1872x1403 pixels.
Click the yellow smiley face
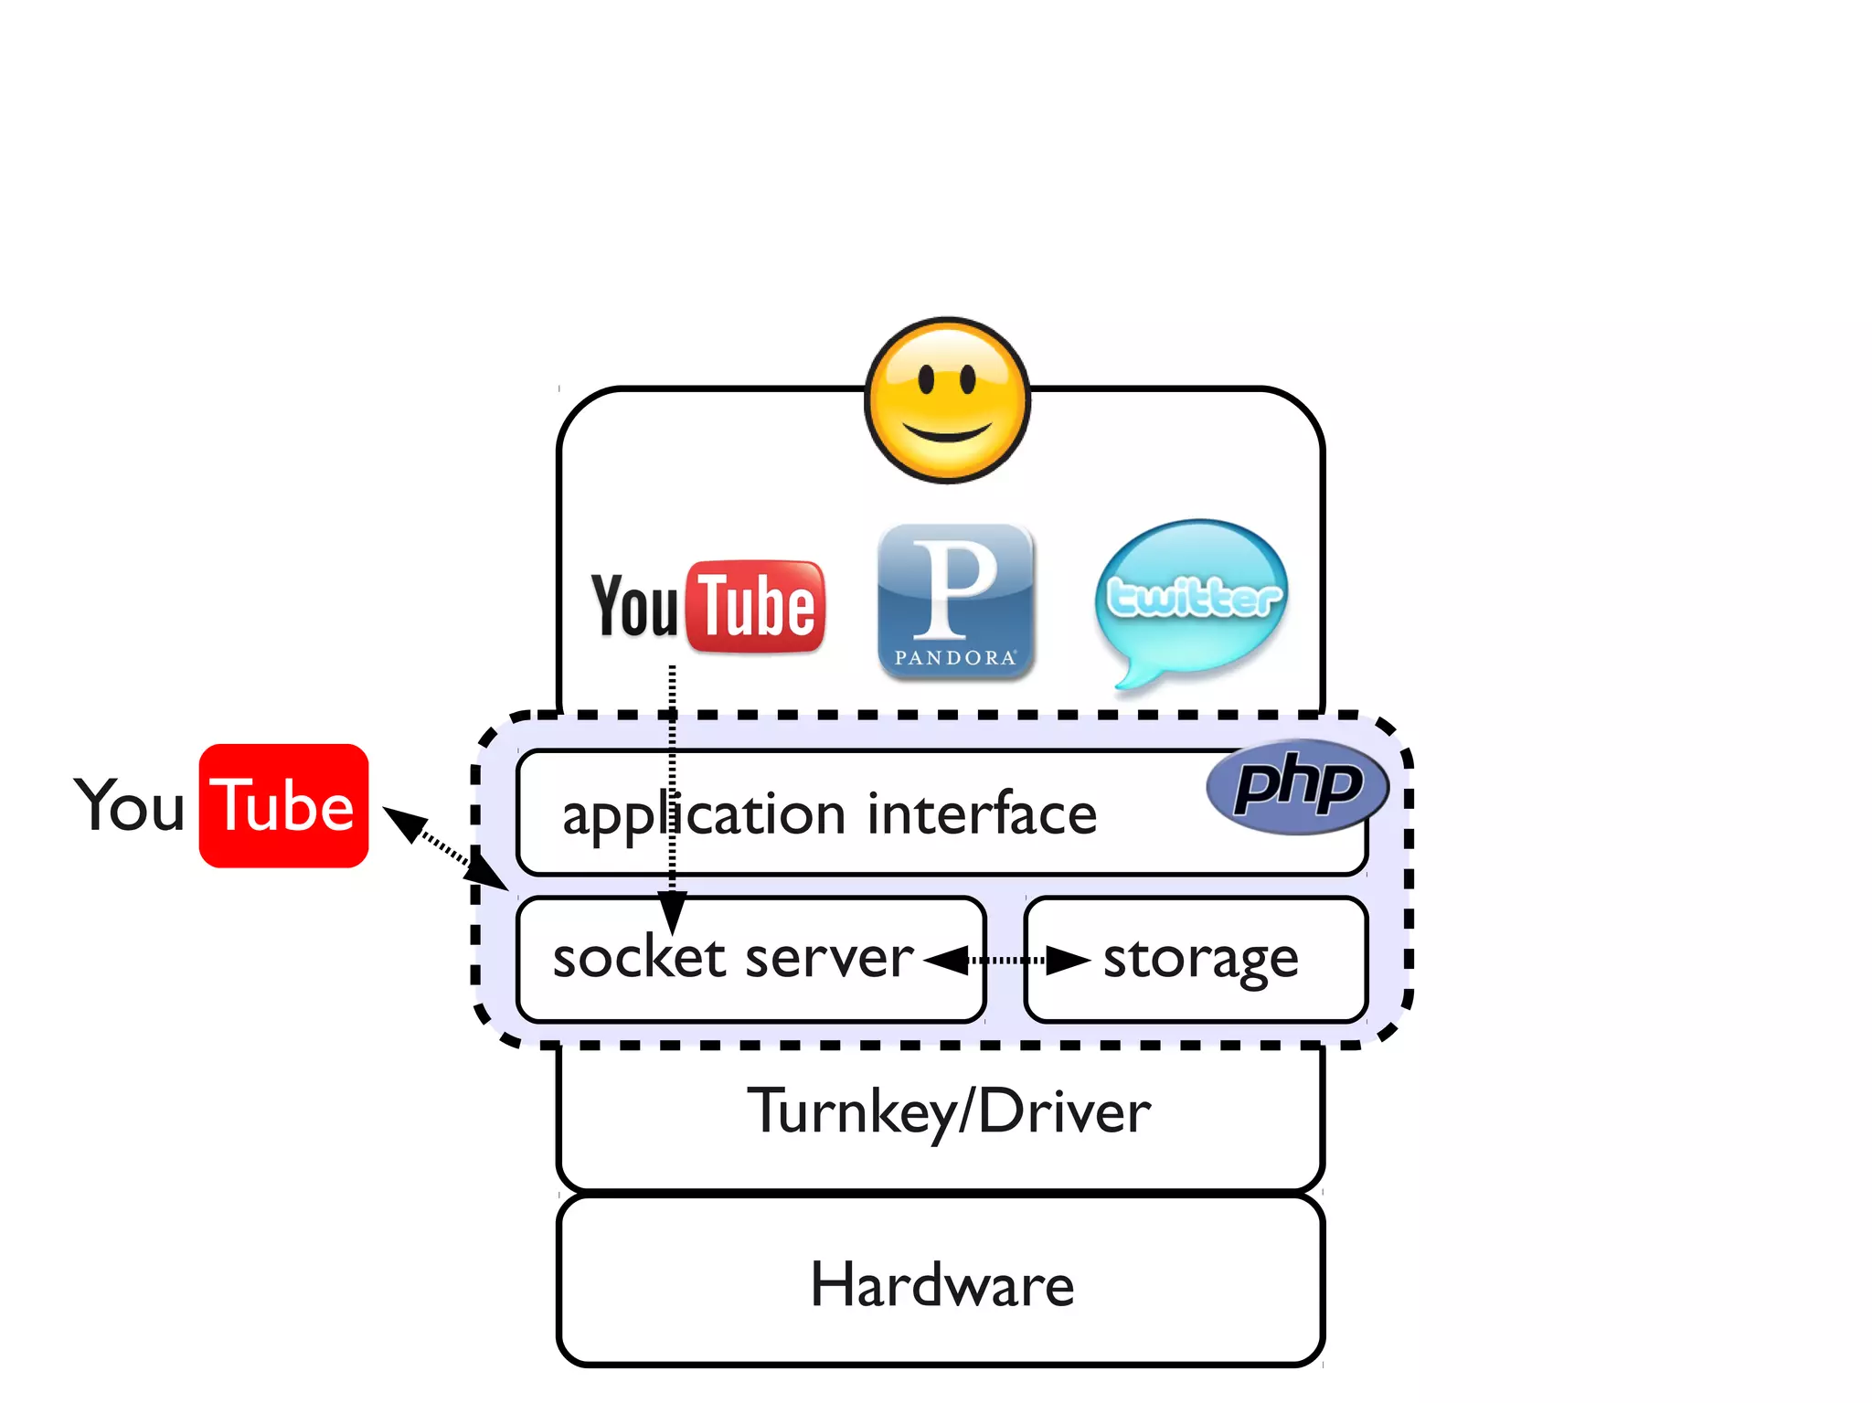[x=947, y=400]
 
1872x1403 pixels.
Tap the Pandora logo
[x=955, y=601]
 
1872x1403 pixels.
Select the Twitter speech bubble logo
[x=1192, y=599]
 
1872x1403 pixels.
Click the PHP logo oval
[x=1297, y=786]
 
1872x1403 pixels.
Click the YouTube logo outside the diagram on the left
[x=222, y=806]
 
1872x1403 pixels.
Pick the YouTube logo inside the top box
[x=707, y=607]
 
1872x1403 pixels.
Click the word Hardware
[x=941, y=1284]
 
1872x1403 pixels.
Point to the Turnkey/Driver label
[x=949, y=1112]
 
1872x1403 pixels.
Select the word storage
[x=1200, y=960]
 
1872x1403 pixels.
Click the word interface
[x=981, y=813]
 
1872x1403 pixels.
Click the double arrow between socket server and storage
[x=1006, y=961]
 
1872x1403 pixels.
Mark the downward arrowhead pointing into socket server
[x=672, y=911]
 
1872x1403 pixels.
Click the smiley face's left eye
[x=926, y=377]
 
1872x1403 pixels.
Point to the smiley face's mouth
[x=947, y=433]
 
